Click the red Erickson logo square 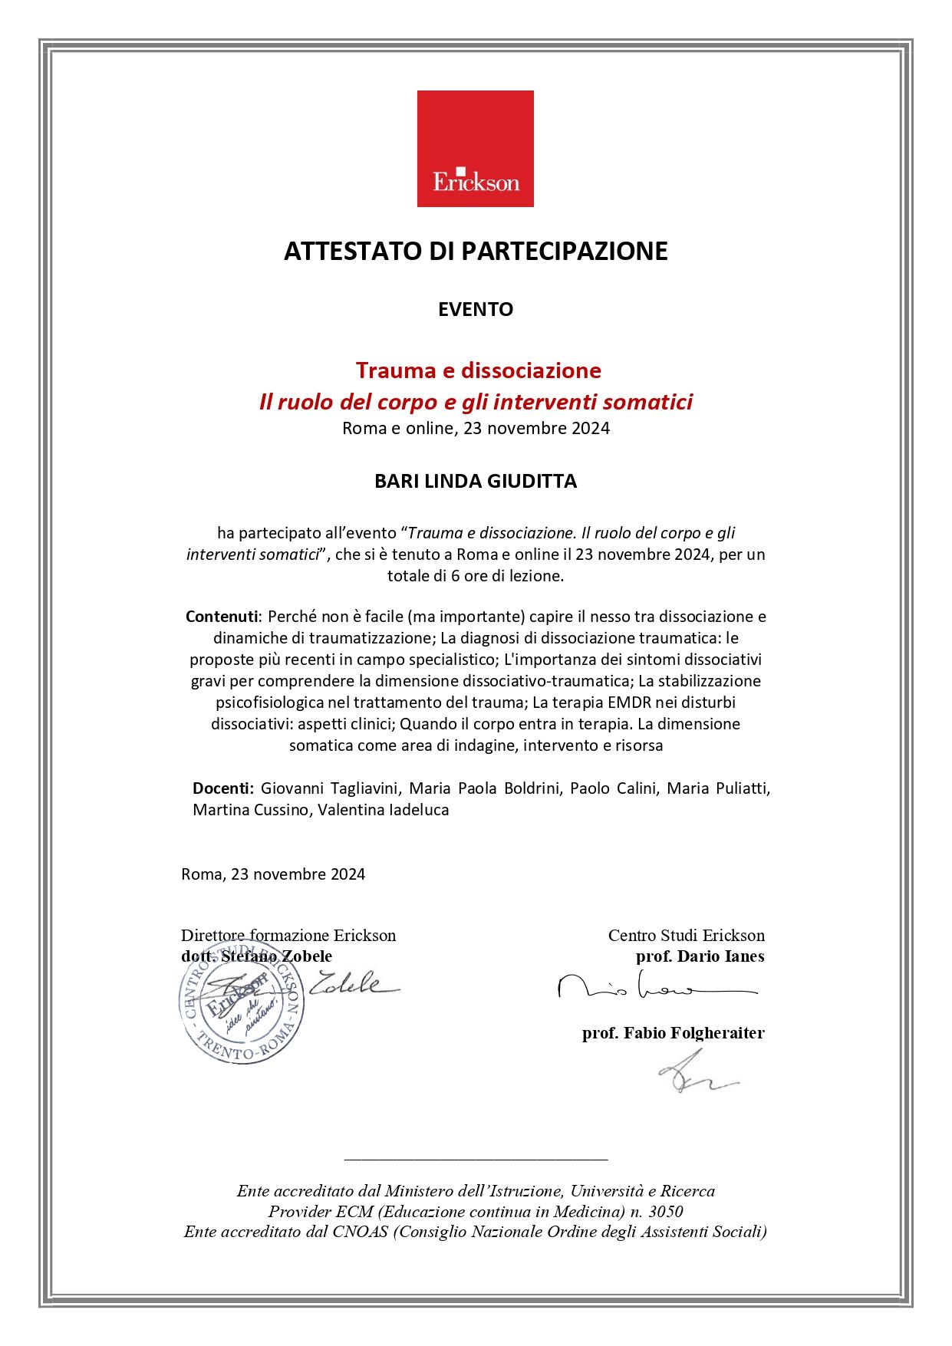[475, 149]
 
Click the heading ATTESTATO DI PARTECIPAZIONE [476, 252]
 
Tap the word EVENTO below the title [476, 309]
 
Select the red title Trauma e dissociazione [478, 370]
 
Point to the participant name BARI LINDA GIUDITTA [476, 481]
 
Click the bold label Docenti [222, 788]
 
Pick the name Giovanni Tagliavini [329, 788]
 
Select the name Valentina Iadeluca [383, 810]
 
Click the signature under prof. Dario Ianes [656, 987]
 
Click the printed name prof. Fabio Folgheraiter [673, 1033]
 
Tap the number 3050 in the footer [665, 1212]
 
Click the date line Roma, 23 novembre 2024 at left [273, 874]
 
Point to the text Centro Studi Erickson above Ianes [686, 936]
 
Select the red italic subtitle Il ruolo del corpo [476, 402]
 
